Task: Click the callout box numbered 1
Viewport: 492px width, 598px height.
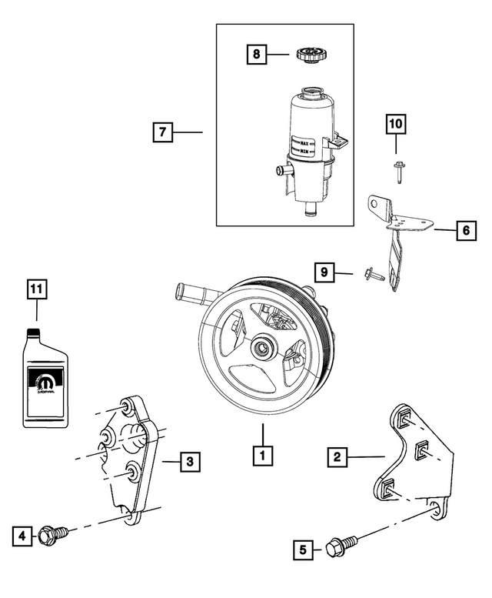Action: [x=263, y=455]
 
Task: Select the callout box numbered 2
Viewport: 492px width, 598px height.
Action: [x=336, y=457]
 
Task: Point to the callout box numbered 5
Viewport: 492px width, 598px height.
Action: [x=304, y=550]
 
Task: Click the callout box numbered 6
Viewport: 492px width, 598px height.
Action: [x=464, y=229]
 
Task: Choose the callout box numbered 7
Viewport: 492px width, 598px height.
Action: [x=161, y=132]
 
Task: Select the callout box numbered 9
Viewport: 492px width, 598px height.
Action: [x=325, y=272]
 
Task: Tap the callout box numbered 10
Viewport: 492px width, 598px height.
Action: [x=396, y=123]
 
